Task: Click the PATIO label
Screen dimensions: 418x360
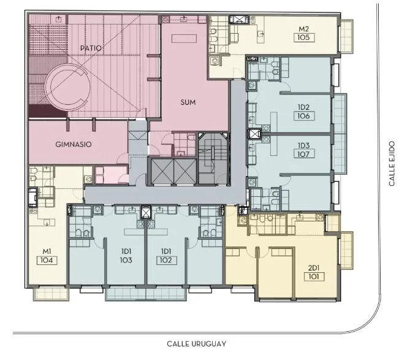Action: [91, 48]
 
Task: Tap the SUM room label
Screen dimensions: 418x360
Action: [188, 102]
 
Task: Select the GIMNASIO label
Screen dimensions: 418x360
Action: [74, 144]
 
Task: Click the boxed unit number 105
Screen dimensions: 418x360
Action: [304, 37]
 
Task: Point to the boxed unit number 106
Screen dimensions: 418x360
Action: [304, 116]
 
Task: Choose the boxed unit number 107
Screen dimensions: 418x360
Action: [304, 154]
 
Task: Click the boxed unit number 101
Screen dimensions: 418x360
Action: [314, 277]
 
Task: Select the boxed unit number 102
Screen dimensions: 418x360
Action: [167, 260]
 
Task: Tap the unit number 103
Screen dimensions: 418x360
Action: [126, 260]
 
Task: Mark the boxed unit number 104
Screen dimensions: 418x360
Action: [47, 260]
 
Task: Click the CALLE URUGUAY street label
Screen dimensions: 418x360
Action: [197, 343]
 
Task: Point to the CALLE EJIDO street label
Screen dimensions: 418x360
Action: [392, 164]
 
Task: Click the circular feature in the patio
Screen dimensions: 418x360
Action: [68, 86]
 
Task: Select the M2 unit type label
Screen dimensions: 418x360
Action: [303, 29]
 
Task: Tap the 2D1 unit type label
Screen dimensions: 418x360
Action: [314, 268]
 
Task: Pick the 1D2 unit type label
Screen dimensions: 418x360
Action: [303, 107]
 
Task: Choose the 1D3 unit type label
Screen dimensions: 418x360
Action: [303, 145]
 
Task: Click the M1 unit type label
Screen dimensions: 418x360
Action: [47, 251]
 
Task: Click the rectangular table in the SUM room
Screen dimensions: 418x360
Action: [184, 39]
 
